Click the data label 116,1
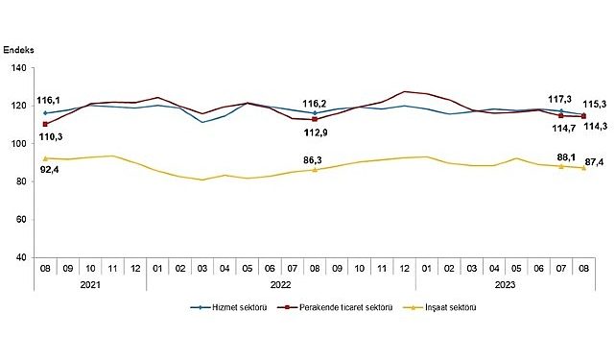[x=48, y=100]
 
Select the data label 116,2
[x=315, y=102]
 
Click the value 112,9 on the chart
[x=319, y=132]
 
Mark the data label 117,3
[x=558, y=97]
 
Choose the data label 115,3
[x=597, y=103]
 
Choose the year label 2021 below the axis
[x=90, y=285]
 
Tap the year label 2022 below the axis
[x=280, y=285]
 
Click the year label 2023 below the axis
[x=505, y=285]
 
